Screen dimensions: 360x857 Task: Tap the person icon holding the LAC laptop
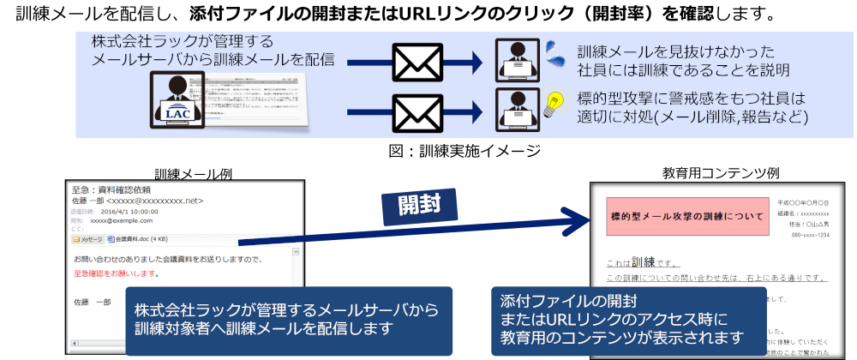tap(177, 100)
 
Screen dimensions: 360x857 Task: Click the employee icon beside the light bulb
tap(518, 109)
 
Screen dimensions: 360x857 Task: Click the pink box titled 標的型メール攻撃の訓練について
tap(686, 217)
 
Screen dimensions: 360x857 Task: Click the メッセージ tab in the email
tap(88, 239)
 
